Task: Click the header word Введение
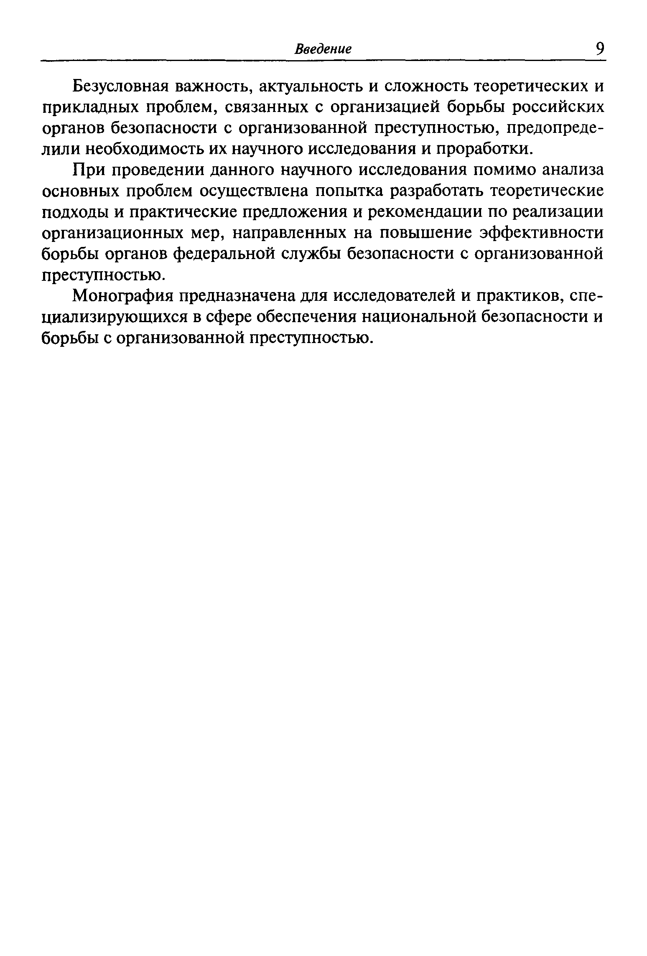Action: tap(323, 49)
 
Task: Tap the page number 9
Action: tap(600, 49)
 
